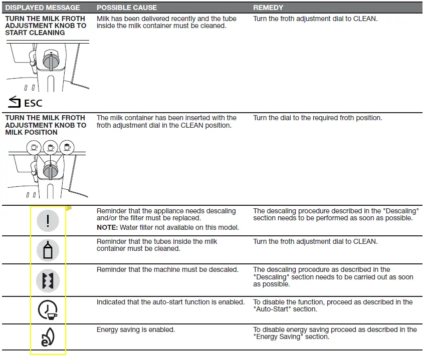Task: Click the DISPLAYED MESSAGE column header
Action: tap(42, 8)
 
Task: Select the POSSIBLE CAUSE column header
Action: tap(126, 8)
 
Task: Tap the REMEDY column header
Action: tap(268, 8)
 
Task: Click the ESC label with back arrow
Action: tap(25, 103)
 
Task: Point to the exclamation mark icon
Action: tap(48, 221)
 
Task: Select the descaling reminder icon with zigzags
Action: tap(48, 280)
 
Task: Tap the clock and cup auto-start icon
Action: tap(48, 310)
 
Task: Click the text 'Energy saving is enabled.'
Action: tap(135, 330)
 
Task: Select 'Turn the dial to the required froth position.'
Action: tap(317, 118)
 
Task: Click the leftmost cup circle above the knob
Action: tap(34, 147)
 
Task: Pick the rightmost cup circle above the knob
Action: tap(67, 147)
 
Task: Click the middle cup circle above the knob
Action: tap(50, 147)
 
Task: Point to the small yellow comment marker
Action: tap(68, 209)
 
